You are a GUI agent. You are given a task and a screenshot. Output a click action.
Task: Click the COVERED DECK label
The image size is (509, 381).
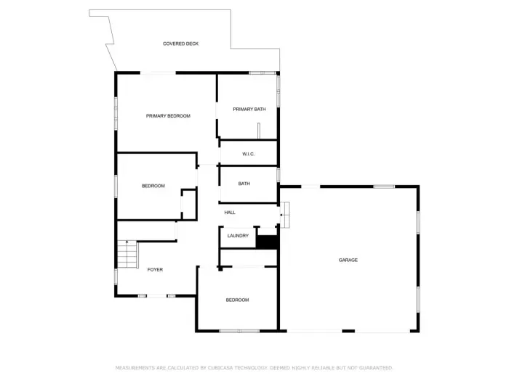[x=180, y=44]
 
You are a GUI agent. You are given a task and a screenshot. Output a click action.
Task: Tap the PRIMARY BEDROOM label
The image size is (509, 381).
[x=168, y=116]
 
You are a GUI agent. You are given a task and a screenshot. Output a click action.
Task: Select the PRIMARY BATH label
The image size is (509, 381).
[x=249, y=110]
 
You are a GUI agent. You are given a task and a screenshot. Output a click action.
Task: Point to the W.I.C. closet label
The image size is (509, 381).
[x=248, y=154]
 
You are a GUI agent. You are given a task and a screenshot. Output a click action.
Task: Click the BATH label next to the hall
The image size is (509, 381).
[x=244, y=184]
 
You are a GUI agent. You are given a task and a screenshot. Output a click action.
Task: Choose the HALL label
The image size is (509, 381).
[x=230, y=213]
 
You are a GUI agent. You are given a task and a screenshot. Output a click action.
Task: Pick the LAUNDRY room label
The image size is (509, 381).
[x=238, y=236]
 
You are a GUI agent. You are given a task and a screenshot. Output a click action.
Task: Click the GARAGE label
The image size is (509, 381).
[x=348, y=260]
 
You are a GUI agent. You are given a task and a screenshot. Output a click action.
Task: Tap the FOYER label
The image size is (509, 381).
[x=155, y=270]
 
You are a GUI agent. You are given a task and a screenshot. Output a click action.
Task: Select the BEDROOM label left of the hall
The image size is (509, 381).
[x=153, y=186]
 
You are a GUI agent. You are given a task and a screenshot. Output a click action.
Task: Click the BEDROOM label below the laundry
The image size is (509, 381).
[x=237, y=300]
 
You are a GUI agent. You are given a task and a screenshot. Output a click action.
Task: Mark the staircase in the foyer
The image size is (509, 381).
[x=127, y=255]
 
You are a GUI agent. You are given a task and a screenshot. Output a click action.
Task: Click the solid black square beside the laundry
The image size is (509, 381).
[x=268, y=242]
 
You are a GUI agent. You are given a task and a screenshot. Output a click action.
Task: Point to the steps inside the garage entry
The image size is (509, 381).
[x=285, y=214]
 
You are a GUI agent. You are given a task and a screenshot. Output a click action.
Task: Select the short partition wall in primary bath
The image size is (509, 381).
[x=258, y=131]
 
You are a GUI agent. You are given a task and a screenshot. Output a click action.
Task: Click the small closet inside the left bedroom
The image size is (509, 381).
[x=189, y=204]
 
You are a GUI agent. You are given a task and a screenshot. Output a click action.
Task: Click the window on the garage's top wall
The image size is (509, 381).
[x=384, y=187]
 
